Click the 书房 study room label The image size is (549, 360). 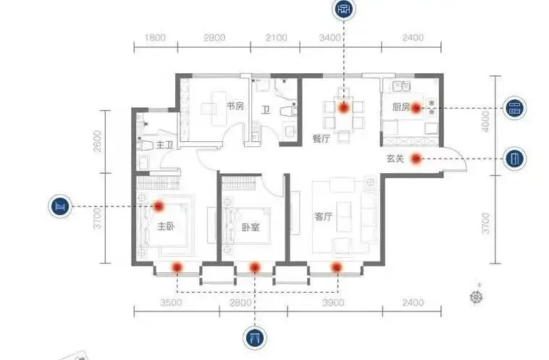[x=235, y=106]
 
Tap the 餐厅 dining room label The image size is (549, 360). [x=322, y=138]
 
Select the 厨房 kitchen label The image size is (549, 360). [x=401, y=106]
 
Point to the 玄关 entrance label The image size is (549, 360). [x=395, y=159]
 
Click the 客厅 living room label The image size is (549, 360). [x=323, y=217]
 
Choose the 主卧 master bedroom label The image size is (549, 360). [x=166, y=227]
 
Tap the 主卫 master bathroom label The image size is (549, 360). [x=165, y=145]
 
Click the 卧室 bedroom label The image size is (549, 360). [x=251, y=227]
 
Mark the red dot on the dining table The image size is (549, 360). [x=344, y=107]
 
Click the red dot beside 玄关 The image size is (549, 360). [x=416, y=159]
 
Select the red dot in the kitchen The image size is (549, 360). [x=416, y=108]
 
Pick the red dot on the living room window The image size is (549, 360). [x=337, y=267]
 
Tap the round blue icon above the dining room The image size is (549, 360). [x=344, y=9]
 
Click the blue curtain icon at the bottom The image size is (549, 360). [x=255, y=338]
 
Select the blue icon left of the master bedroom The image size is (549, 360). [x=60, y=206]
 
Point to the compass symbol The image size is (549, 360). [x=476, y=296]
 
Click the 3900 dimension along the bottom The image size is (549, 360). [x=333, y=302]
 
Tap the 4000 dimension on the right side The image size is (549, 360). [x=486, y=122]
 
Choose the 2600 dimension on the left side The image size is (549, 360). [x=98, y=141]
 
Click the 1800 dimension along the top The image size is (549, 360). [x=155, y=38]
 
